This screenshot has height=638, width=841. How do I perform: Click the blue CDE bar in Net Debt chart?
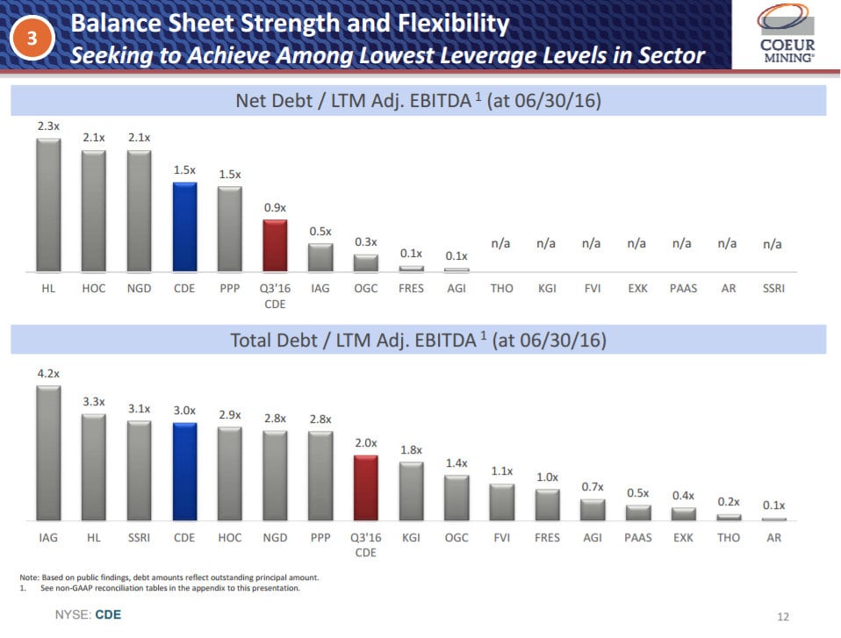184,226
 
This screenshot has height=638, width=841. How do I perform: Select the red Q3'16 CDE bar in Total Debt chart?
365,487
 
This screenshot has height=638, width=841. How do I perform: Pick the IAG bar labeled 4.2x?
48,453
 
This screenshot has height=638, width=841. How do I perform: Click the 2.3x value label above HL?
48,126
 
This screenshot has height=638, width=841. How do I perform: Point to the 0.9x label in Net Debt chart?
275,207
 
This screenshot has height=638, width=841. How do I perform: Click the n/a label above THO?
500,244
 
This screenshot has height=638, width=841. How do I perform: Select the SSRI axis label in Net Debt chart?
773,288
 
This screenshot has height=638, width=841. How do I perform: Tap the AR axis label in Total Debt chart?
773,537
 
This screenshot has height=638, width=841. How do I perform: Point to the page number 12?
783,616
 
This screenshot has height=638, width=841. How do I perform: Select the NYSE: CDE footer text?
88,615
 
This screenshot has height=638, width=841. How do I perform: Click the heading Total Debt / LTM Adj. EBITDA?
418,340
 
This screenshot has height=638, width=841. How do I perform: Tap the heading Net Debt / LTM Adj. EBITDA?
418,101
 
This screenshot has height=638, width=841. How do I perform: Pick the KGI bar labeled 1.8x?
411,491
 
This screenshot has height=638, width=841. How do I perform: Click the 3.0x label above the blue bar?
184,411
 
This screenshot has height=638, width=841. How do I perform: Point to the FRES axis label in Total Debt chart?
547,537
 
